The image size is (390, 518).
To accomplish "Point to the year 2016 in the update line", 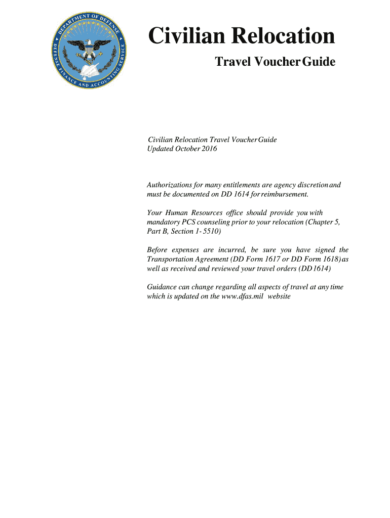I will pos(208,149).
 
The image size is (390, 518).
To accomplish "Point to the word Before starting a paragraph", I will pos(158,250).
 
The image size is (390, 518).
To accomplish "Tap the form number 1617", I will pos(278,259).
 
